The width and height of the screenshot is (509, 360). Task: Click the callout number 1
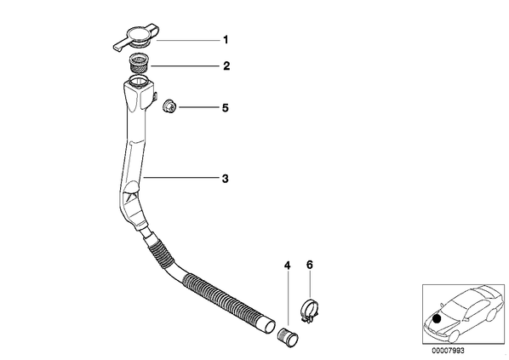pos(226,40)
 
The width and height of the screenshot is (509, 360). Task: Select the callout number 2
pos(226,66)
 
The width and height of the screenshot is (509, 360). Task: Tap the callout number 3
pos(226,179)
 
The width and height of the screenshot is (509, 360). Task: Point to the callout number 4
pos(287,266)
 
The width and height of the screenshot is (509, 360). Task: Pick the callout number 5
pos(226,108)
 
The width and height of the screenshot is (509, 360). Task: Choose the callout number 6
pos(309,265)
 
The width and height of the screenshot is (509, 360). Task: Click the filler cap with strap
pos(136,37)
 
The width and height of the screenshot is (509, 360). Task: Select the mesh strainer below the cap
pos(138,64)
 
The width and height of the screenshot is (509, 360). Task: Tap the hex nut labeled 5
pos(169,106)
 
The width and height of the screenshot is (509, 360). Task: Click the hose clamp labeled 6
pos(310,311)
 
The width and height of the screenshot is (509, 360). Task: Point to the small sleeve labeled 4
pos(288,337)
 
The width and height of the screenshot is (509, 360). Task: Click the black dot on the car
pos(438,319)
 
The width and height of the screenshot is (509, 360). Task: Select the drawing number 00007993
pos(448,351)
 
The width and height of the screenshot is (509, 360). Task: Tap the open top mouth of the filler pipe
pos(138,80)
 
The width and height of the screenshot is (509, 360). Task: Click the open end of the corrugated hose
pos(269,326)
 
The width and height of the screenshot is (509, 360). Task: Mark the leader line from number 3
pos(181,178)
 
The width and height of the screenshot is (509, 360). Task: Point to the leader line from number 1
pos(188,40)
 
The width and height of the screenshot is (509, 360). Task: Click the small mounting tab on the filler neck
pos(155,97)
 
